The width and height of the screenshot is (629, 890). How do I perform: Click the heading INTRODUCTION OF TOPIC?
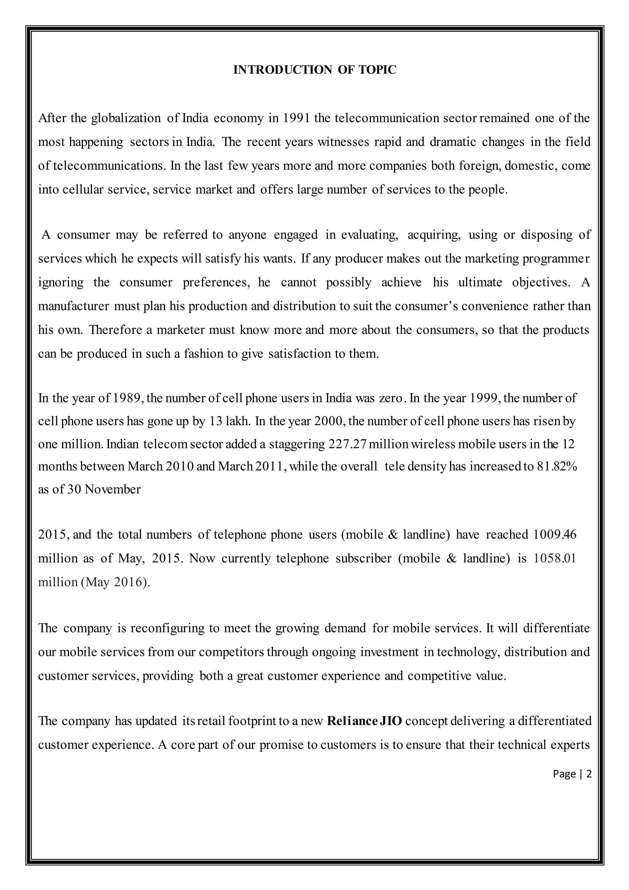314,70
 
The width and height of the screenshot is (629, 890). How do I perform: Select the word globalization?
126,118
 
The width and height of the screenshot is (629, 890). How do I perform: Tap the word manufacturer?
74,306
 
